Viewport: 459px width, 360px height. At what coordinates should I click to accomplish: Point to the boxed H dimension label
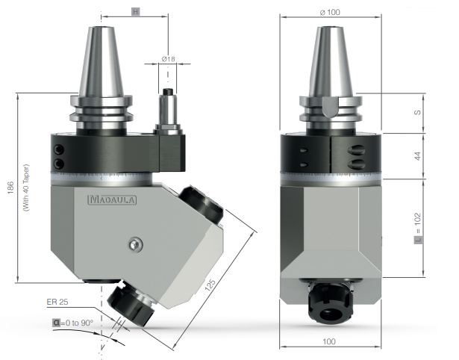tap(135, 13)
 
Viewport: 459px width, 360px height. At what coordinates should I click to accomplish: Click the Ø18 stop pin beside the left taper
tap(169, 112)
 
